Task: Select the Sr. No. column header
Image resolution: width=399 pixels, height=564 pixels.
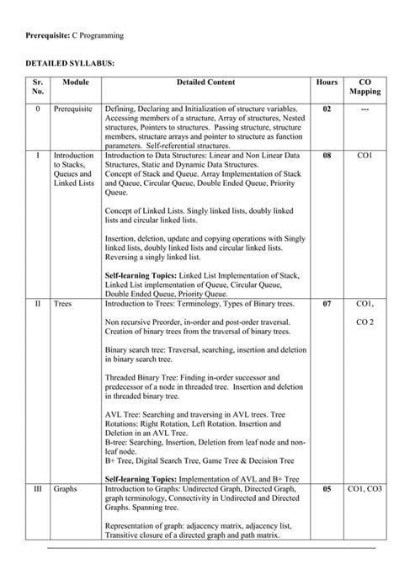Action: click(37, 88)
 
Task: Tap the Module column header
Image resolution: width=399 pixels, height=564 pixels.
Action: click(76, 82)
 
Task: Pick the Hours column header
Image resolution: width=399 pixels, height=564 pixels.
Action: click(327, 82)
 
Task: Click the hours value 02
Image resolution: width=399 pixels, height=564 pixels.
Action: click(327, 110)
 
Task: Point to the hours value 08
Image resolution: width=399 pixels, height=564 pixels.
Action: click(327, 157)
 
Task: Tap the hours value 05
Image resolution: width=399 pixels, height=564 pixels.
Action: click(327, 489)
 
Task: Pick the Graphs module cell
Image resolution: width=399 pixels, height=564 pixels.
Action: click(67, 489)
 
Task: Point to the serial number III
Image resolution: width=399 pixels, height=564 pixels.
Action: click(37, 489)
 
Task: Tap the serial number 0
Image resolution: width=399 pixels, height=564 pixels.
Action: click(37, 110)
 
